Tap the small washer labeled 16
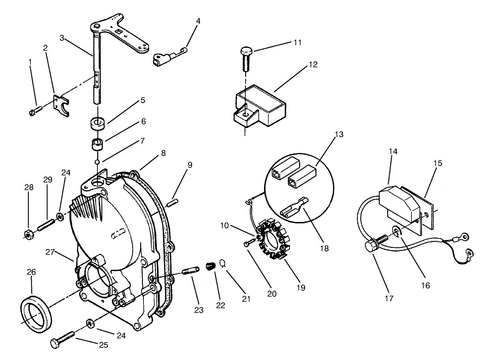click(x=397, y=231)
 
